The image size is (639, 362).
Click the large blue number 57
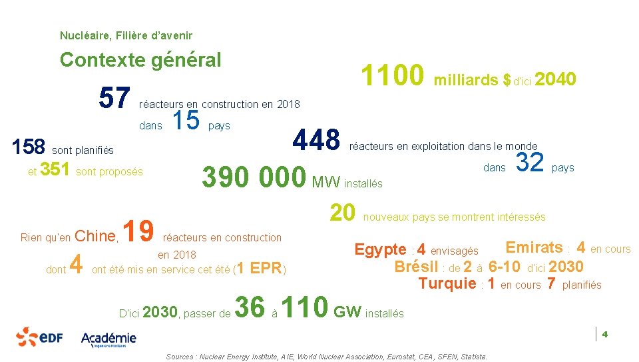(114, 99)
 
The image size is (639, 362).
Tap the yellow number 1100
(392, 76)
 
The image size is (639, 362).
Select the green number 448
(316, 141)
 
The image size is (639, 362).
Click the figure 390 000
(254, 177)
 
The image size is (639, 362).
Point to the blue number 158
(29, 147)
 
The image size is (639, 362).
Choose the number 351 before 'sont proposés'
(56, 170)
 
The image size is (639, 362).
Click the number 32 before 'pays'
(531, 162)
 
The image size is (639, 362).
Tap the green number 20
(343, 212)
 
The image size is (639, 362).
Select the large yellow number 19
(140, 231)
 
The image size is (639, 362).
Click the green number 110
(306, 307)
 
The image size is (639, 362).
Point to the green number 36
(250, 307)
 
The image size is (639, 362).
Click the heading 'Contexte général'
(140, 60)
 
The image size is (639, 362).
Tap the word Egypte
(380, 250)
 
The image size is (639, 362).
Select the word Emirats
(534, 248)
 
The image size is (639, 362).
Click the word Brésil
(416, 267)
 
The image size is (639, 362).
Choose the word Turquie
(447, 284)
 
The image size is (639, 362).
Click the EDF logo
(39, 337)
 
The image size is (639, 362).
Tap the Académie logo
(108, 338)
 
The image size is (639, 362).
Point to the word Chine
(96, 236)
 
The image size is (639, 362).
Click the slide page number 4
(605, 334)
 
